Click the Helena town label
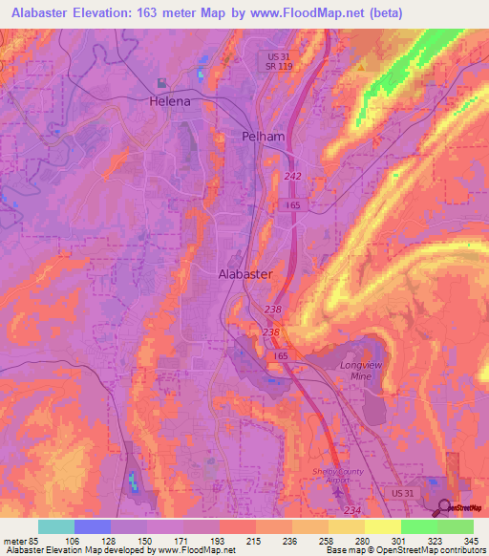coord(169,100)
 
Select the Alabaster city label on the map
coord(246,273)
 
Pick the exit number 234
coord(351,511)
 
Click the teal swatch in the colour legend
coord(56,526)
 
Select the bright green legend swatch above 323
coord(418,526)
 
